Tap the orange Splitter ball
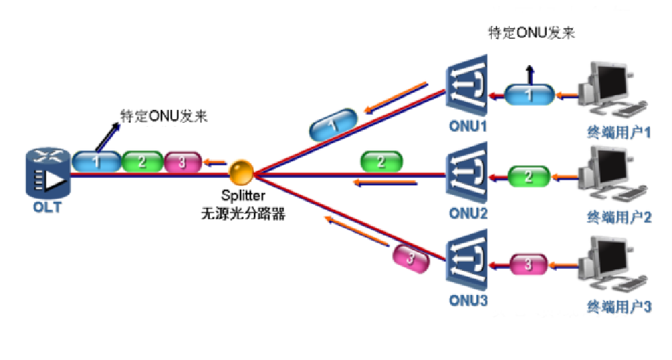coord(241,172)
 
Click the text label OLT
coord(46,207)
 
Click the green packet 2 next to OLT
coord(142,162)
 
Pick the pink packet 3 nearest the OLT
coord(182,162)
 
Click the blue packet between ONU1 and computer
coord(529,95)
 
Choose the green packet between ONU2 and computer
coord(529,177)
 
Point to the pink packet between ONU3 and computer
coord(529,264)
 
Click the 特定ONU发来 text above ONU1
coord(531,34)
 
